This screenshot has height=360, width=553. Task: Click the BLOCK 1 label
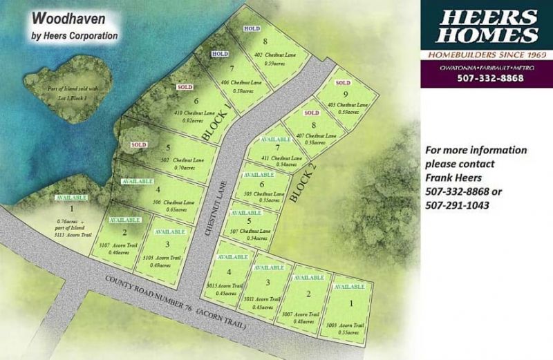(216, 122)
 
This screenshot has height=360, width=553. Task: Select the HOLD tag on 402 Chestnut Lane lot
(252, 28)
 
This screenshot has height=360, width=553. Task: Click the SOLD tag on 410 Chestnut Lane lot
(185, 88)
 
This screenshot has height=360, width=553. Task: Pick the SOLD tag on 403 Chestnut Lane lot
(343, 83)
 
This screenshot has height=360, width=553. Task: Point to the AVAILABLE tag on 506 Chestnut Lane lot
(137, 180)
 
